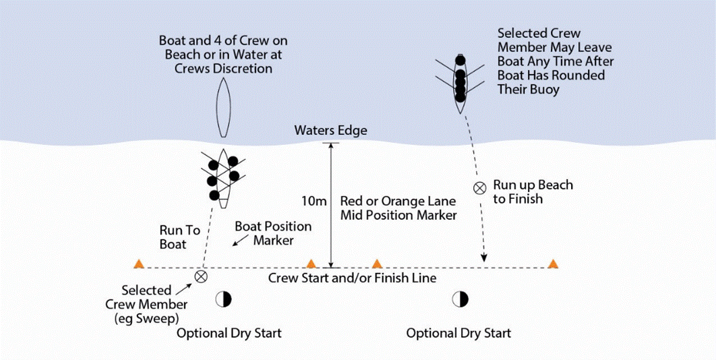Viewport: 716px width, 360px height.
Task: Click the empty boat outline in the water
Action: point(224,107)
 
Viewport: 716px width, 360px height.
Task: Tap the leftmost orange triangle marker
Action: point(139,264)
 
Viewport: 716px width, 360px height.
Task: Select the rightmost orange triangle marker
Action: point(554,264)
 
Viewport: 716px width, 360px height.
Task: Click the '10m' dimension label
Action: point(314,201)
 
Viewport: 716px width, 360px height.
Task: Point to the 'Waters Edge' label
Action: point(330,131)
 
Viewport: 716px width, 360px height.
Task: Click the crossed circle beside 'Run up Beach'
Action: point(479,188)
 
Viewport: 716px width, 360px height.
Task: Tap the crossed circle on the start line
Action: point(200,276)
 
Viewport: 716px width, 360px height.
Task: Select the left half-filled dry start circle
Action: point(223,299)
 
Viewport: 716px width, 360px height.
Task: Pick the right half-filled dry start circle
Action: point(460,299)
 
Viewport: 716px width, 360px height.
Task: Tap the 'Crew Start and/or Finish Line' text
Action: point(352,278)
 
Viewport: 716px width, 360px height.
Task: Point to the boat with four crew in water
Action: point(460,82)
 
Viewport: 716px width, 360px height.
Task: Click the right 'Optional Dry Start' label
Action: point(458,333)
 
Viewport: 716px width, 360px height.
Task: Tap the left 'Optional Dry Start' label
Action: point(229,333)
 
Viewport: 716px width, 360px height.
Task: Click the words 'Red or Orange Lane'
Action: point(398,201)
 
